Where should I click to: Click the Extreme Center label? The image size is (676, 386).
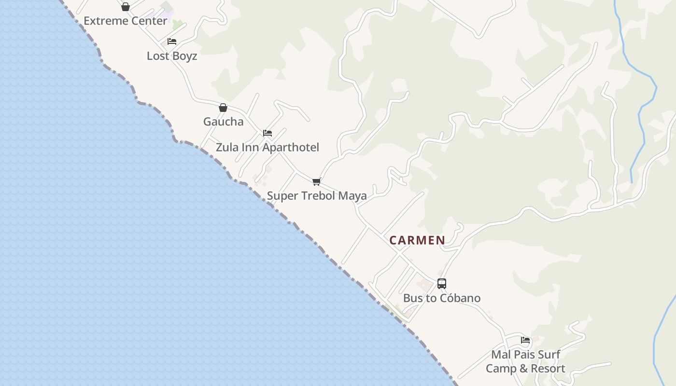tap(126, 21)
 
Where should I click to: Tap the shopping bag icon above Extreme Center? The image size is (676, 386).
tap(126, 7)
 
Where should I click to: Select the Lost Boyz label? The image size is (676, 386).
tap(172, 56)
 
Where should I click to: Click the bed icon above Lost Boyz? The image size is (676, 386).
tap(172, 41)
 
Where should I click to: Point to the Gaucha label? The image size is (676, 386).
tap(223, 122)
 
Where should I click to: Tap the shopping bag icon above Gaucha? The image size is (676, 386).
tap(223, 107)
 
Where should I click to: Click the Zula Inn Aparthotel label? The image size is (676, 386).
tap(268, 147)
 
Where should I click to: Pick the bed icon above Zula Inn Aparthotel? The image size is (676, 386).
tap(268, 133)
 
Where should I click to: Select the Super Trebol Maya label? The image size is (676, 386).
tap(317, 196)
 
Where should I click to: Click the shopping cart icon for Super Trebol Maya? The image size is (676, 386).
tap(317, 182)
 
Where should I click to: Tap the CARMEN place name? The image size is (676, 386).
tap(417, 240)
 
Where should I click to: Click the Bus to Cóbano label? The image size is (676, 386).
tap(442, 298)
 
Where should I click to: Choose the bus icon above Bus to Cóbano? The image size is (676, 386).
tap(442, 284)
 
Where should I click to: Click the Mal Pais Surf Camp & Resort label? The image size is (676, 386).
tap(525, 361)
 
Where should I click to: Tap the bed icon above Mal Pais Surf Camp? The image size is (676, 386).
tap(525, 340)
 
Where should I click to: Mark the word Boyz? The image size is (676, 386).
tap(184, 56)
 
